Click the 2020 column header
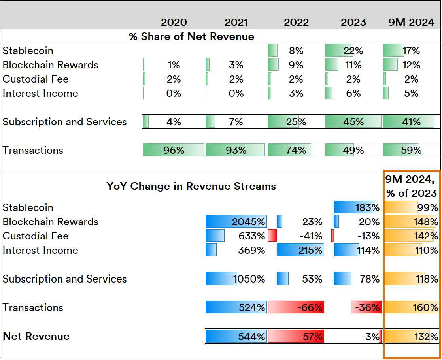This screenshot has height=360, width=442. click(174, 23)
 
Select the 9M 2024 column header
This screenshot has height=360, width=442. click(411, 23)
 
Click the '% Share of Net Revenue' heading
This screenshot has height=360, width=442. click(191, 37)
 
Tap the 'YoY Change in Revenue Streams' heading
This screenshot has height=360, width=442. click(191, 186)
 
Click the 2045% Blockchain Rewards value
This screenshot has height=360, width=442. click(248, 222)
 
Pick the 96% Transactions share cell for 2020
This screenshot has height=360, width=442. click(174, 150)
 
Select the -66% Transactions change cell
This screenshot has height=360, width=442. click(296, 307)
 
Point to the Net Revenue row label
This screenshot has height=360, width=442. click(36, 336)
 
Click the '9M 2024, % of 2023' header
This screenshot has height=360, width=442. click(411, 186)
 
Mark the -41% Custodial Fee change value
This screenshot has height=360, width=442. click(311, 236)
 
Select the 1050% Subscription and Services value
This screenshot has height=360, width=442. click(249, 279)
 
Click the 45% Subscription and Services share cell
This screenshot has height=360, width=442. click(353, 122)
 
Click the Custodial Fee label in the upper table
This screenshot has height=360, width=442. click(36, 79)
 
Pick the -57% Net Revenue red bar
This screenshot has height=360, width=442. click(296, 337)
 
